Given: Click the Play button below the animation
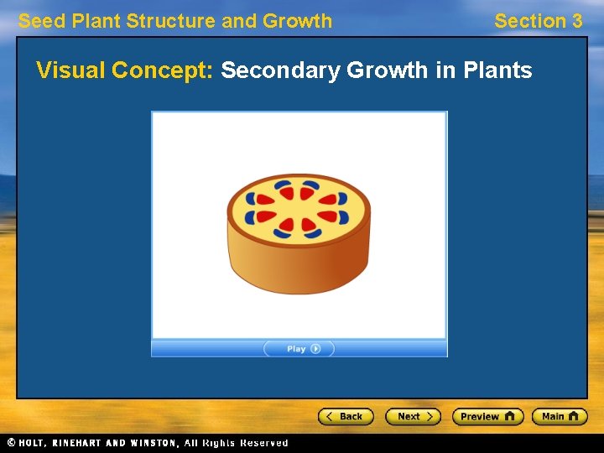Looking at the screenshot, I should pyautogui.click(x=299, y=349).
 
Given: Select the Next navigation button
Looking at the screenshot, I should pyautogui.click(x=412, y=416).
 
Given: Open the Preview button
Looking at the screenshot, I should pyautogui.click(x=487, y=416).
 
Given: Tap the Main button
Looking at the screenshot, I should pyautogui.click(x=560, y=416).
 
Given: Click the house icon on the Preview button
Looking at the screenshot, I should pyautogui.click(x=510, y=416).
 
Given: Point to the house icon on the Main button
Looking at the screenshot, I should pyautogui.click(x=575, y=416).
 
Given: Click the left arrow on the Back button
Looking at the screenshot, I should pyautogui.click(x=331, y=416).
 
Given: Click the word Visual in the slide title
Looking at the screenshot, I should pyautogui.click(x=70, y=70).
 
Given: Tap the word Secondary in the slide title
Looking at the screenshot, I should pyautogui.click(x=281, y=70).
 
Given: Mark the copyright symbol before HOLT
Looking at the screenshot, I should pyautogui.click(x=11, y=443).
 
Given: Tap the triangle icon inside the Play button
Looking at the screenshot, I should pyautogui.click(x=316, y=349).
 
